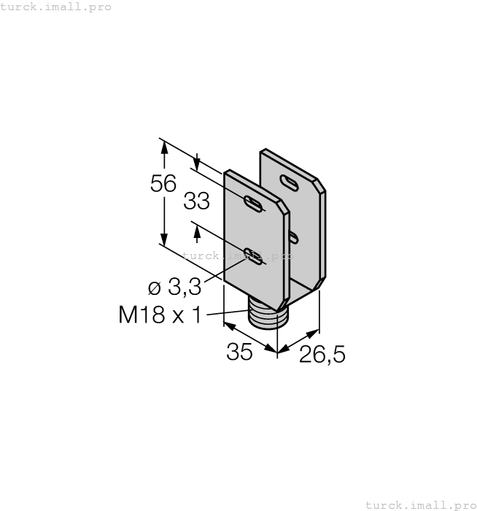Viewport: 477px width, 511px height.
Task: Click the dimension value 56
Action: tap(163, 184)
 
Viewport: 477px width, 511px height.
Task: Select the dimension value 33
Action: tap(196, 201)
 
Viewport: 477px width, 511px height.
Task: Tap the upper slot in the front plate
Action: tap(254, 204)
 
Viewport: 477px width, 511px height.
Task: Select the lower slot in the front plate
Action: tap(254, 255)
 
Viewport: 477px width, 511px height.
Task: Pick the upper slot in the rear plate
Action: tap(289, 183)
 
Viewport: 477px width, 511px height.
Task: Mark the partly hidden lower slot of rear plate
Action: tap(293, 237)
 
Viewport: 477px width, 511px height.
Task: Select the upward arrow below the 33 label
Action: tap(196, 231)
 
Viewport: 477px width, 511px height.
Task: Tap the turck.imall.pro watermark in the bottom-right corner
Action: tap(419, 504)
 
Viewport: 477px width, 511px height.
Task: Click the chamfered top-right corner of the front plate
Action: tap(285, 207)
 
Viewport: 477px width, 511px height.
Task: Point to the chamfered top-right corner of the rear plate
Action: tap(321, 185)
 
